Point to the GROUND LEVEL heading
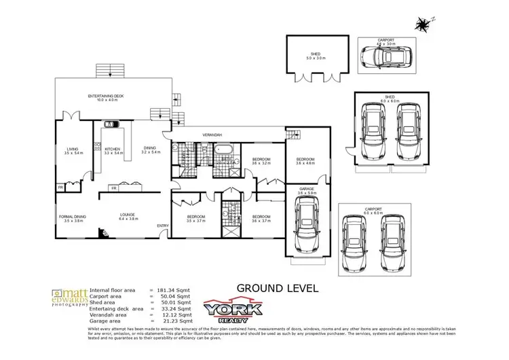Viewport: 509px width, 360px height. (277, 288)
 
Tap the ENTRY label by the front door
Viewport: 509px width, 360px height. (163, 226)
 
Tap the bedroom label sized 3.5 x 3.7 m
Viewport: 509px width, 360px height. (195, 218)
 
